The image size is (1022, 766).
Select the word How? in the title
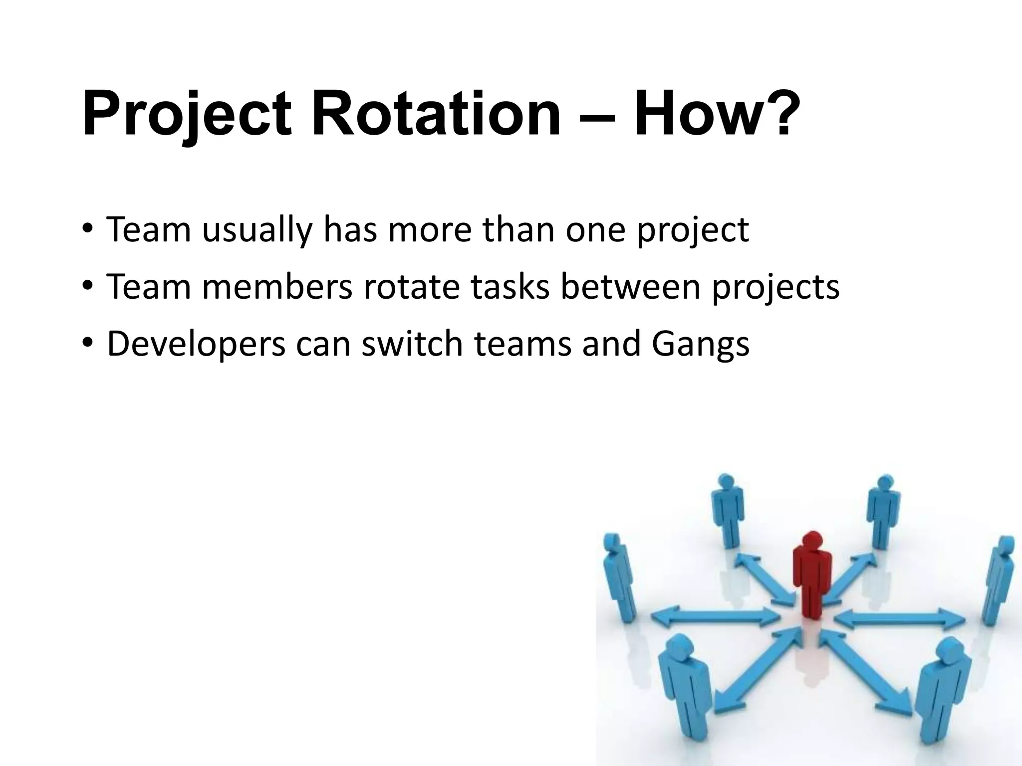pos(714,115)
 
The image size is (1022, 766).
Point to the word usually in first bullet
pos(256,230)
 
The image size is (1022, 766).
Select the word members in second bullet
pos(277,288)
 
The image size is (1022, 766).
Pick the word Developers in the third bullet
pos(196,344)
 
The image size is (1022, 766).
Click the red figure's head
pos(812,541)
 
